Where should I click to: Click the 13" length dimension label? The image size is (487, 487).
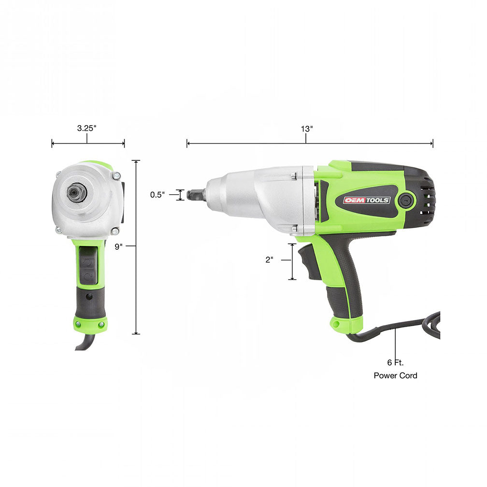(x=306, y=129)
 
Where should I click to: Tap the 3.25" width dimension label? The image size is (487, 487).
(x=86, y=129)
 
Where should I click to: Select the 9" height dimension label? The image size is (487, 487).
(x=119, y=246)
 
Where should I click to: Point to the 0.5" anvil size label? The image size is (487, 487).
(x=158, y=195)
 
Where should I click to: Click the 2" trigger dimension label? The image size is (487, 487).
(x=269, y=259)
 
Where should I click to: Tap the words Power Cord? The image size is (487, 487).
(x=395, y=375)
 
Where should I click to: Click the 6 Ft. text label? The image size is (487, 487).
(x=395, y=362)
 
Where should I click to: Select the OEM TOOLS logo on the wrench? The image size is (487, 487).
(x=367, y=200)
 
